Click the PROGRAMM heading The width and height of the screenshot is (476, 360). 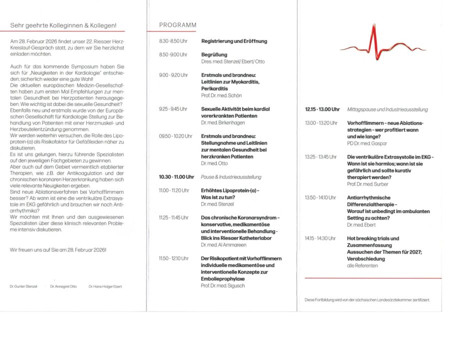(x=178, y=25)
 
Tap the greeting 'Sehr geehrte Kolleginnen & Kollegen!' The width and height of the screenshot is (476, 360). (x=63, y=25)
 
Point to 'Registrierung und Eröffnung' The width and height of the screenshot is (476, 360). (x=234, y=41)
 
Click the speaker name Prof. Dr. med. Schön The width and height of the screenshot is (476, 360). (x=221, y=95)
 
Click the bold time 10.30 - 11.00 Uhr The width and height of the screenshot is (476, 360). (x=176, y=177)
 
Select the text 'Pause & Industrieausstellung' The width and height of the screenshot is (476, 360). (x=231, y=177)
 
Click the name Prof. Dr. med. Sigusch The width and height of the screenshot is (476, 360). (x=223, y=285)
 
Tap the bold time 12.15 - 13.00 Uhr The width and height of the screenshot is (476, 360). (x=322, y=109)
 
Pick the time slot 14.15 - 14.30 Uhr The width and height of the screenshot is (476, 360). (x=320, y=238)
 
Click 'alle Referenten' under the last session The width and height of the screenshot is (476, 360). (x=362, y=265)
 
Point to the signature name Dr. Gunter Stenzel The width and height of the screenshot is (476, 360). (x=23, y=286)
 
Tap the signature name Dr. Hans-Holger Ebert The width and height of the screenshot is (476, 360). (x=105, y=286)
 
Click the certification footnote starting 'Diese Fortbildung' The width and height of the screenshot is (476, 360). (x=367, y=299)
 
